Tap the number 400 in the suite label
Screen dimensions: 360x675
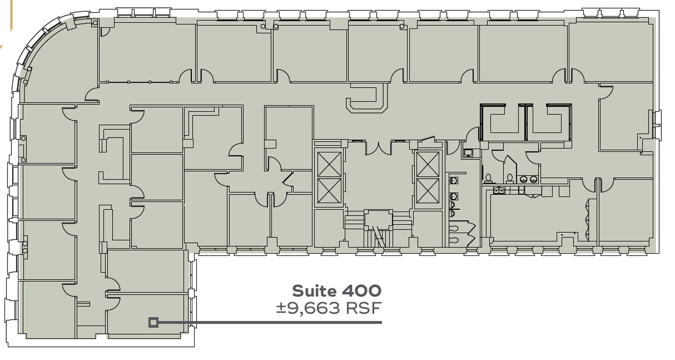coord(361,291)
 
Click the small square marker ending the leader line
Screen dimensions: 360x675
coord(153,322)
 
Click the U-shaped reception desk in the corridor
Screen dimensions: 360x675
coord(366,98)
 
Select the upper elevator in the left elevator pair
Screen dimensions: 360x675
coord(328,164)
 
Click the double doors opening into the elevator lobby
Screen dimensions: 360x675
coord(381,147)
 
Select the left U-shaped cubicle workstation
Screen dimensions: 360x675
coord(501,121)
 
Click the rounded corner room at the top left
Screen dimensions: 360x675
coord(59,62)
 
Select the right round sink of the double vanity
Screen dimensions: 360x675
coord(532,180)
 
